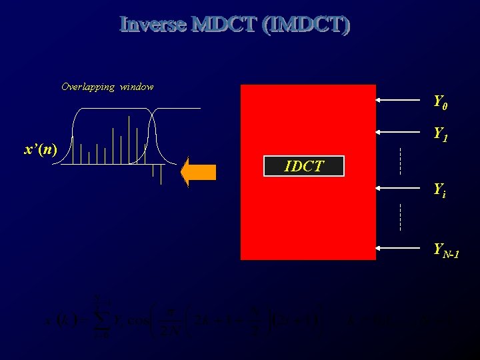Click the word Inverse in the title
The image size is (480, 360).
click(x=153, y=25)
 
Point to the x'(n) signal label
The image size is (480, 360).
click(x=40, y=149)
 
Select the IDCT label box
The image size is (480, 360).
click(x=304, y=166)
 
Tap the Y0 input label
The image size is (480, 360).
click(x=439, y=101)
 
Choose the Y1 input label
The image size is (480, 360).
click(x=439, y=134)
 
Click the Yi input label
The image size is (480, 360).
click(x=439, y=189)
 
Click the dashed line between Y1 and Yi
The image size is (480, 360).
click(x=400, y=160)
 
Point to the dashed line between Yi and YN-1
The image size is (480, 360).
click(x=400, y=217)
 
